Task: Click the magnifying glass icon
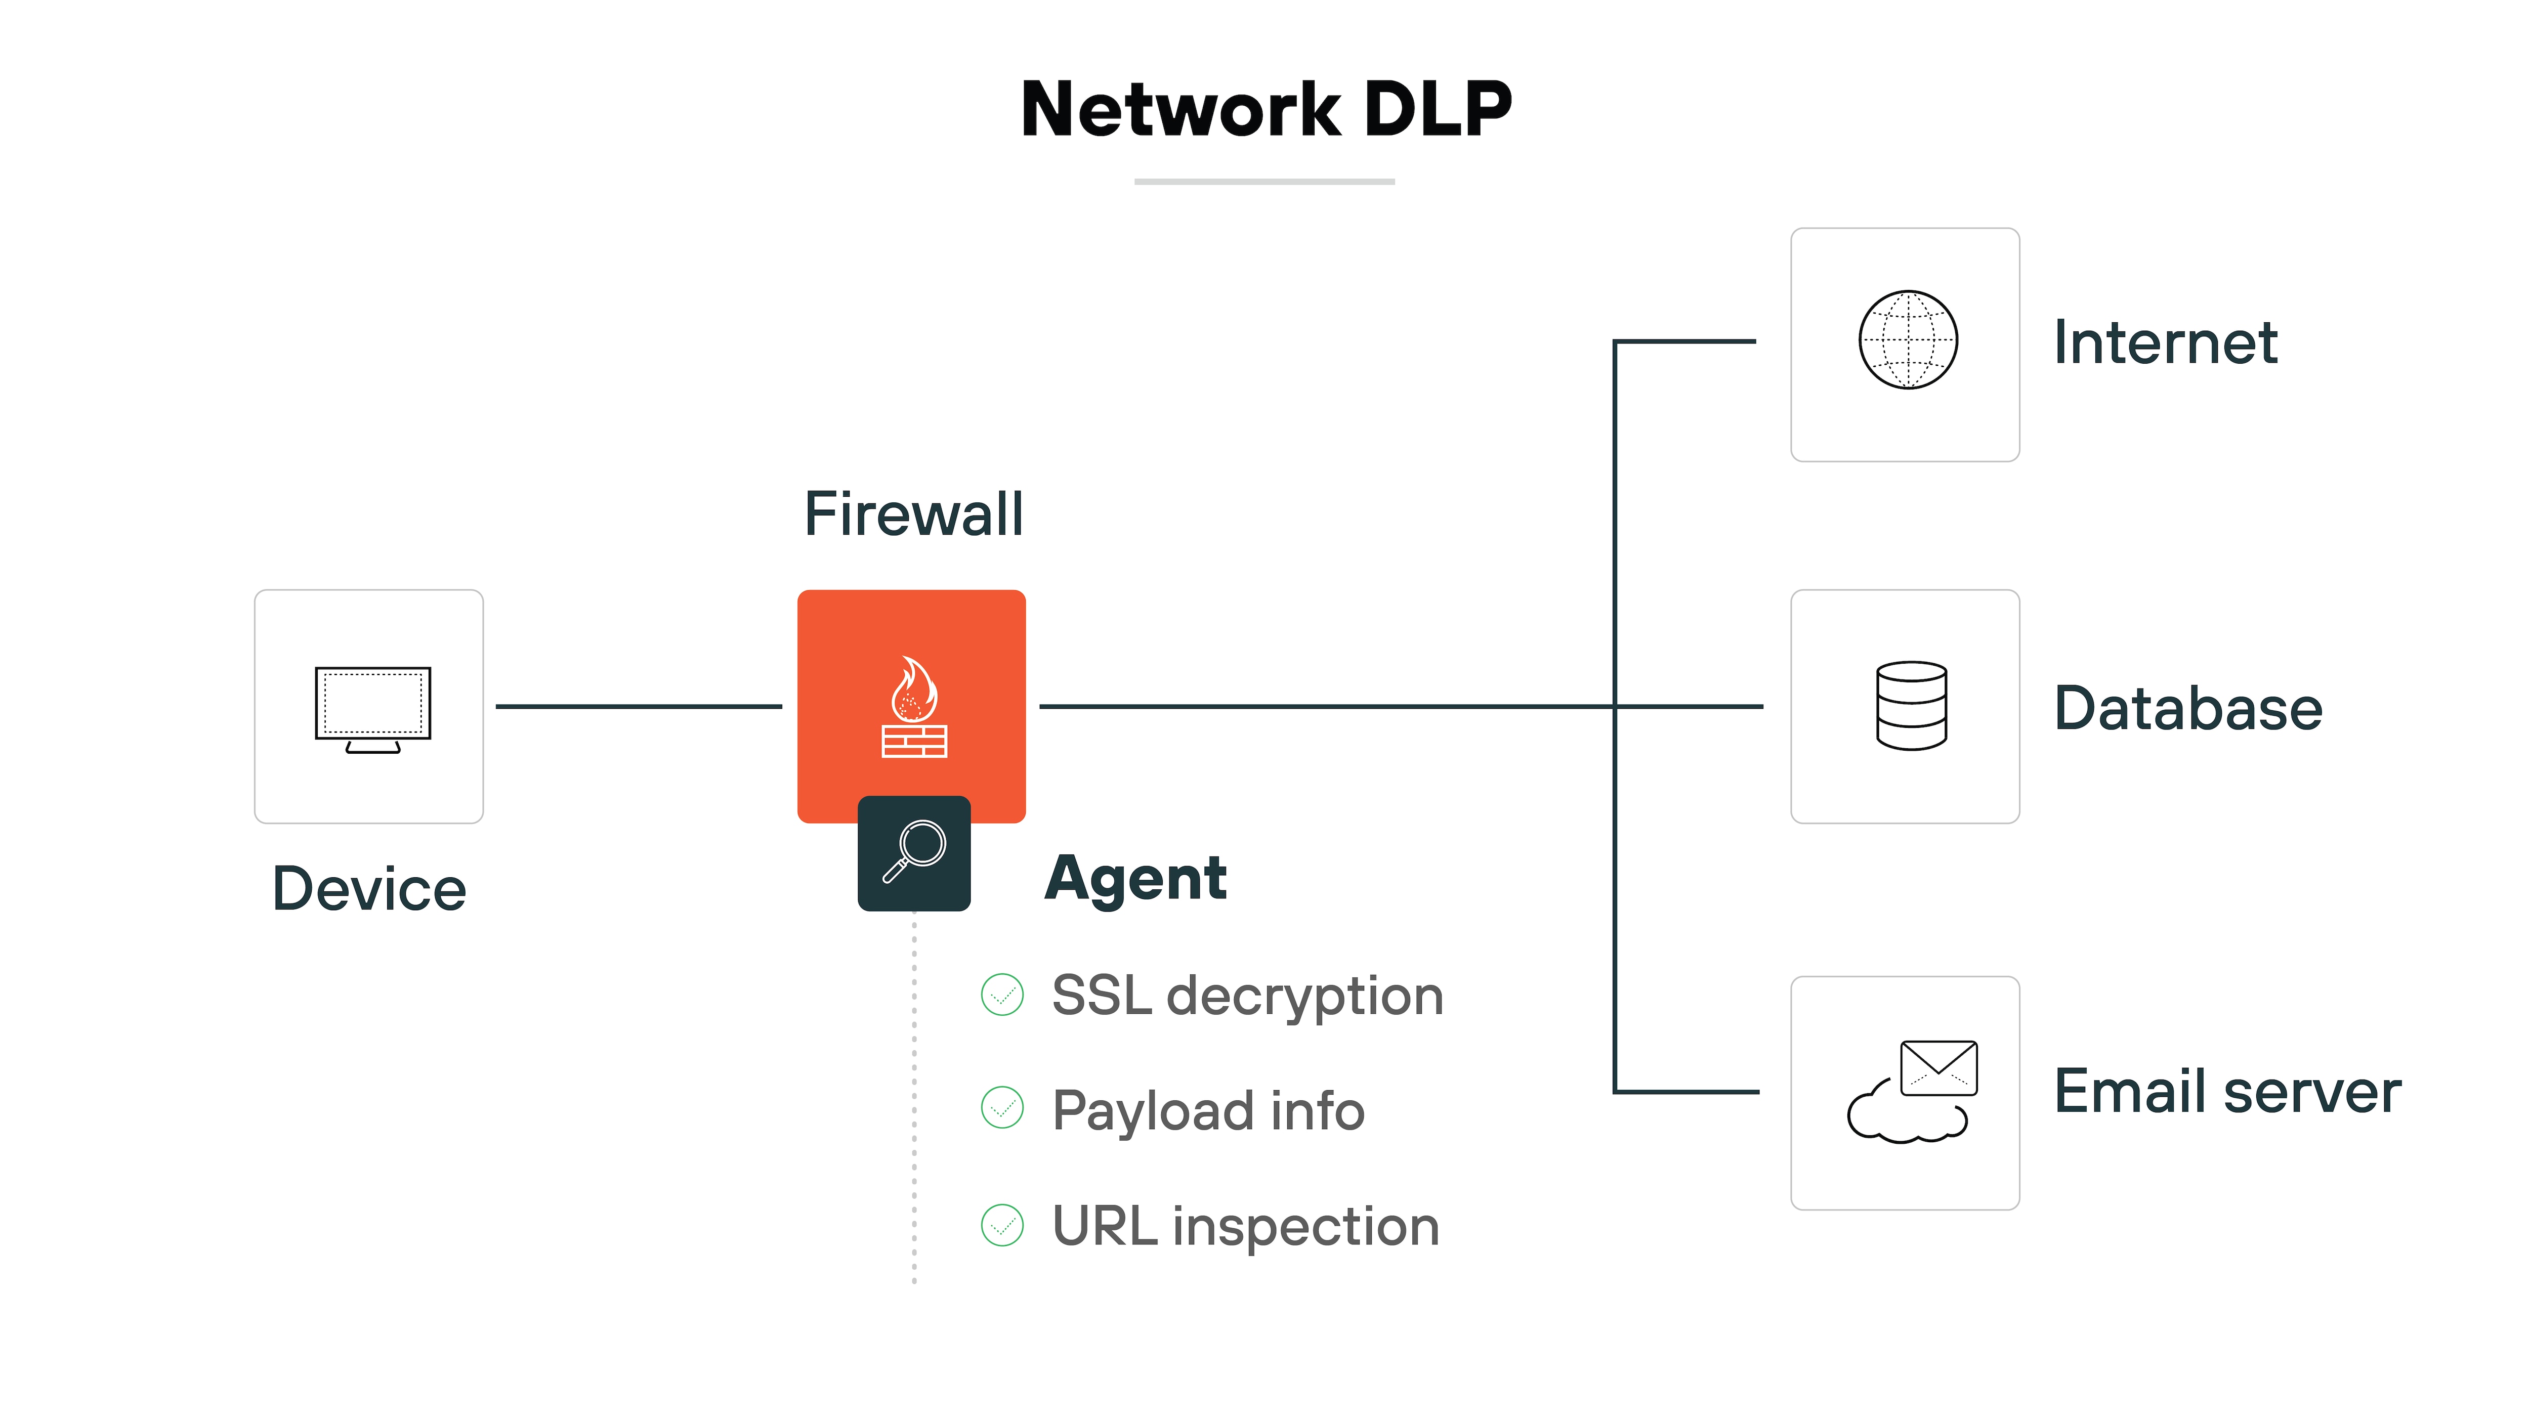point(914,851)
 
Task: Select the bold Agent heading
point(1135,878)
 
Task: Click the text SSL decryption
point(1247,997)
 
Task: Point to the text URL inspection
point(1245,1227)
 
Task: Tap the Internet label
point(2166,343)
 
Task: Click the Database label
point(2188,708)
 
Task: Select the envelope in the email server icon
point(1939,1067)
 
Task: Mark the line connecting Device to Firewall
point(639,706)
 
